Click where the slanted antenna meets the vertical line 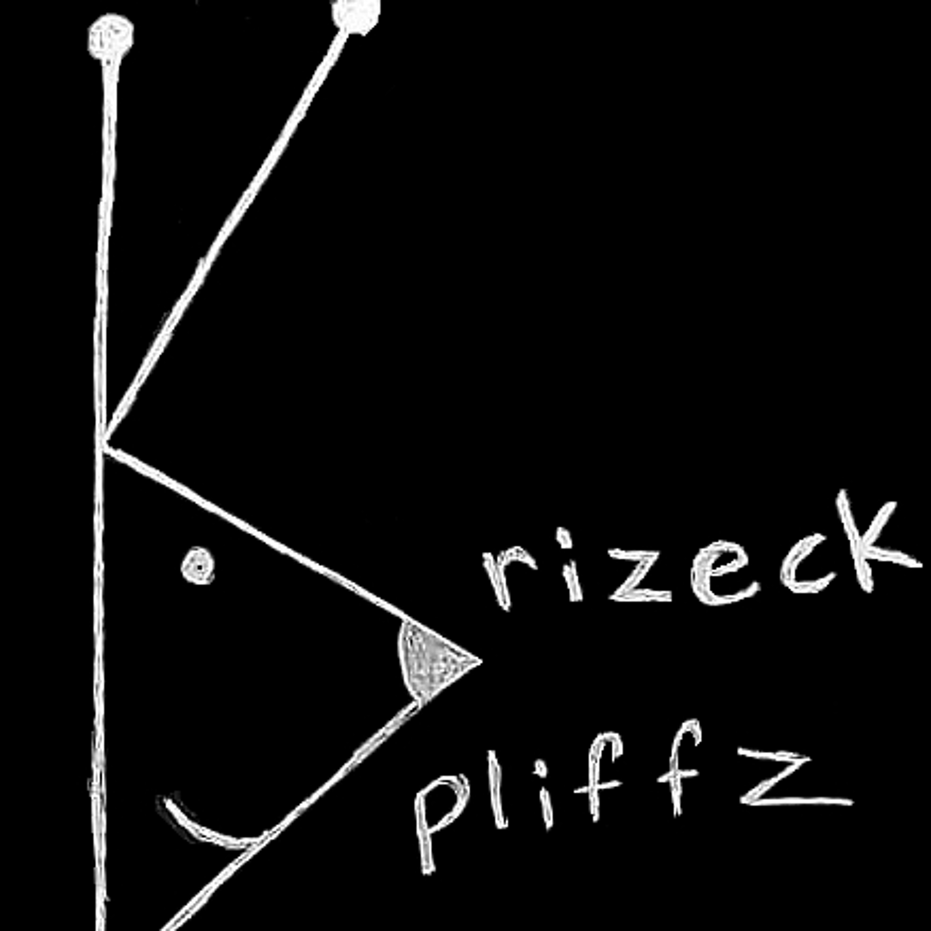pos(102,441)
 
